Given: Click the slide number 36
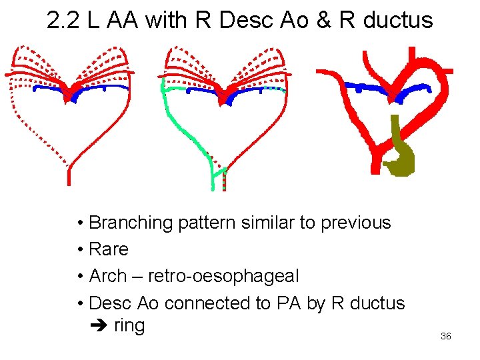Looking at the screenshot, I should click(x=445, y=336).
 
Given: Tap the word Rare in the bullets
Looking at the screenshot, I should click(x=108, y=249).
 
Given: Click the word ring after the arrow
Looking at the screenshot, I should click(x=129, y=326).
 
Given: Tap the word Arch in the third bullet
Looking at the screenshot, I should click(x=107, y=276).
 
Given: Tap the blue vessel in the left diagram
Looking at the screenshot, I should click(x=47, y=88).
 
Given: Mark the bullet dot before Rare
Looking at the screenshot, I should click(x=79, y=250).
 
